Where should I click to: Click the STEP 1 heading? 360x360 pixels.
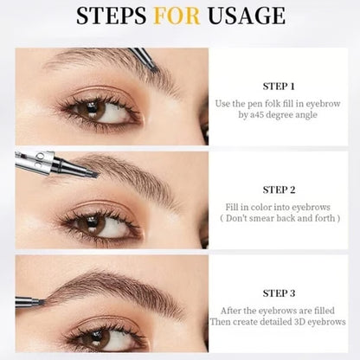pyautogui.click(x=278, y=86)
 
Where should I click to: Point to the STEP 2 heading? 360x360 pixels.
pyautogui.click(x=278, y=188)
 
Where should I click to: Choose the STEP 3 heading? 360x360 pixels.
pyautogui.click(x=278, y=292)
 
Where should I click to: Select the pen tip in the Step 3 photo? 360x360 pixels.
pyautogui.click(x=42, y=301)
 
